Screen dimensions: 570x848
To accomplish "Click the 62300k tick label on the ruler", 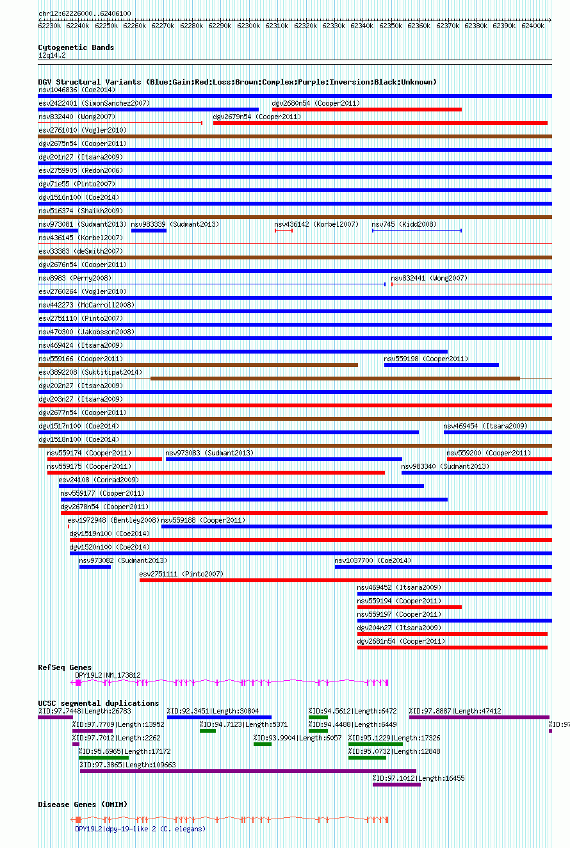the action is pos(248,26).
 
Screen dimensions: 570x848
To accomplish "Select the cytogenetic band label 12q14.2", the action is pos(52,55).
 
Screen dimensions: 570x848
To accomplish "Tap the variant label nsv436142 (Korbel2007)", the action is pos(316,225).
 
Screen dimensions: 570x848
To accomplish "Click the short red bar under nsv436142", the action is pos(284,231).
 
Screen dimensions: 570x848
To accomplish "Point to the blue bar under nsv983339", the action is pos(149,231).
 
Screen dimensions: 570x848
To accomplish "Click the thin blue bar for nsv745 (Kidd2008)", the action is pos(417,231).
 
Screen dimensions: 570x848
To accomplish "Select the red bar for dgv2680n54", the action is pos(367,110).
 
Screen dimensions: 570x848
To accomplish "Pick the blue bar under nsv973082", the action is pos(95,567).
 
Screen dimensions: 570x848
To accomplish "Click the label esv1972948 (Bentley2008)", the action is pos(113,520).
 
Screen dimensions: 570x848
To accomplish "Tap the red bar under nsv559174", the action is pos(104,459).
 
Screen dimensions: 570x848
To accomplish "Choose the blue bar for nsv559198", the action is pos(441,365).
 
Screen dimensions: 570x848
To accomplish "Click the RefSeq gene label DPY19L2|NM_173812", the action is pos(108,675).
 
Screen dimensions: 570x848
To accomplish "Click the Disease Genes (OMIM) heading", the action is pos(83,804).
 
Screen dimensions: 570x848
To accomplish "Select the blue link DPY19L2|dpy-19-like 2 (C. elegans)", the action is pos(140,829).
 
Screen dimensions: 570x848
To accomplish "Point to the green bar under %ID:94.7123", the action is pos(208,731).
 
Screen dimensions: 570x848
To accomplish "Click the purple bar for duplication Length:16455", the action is pos(396,785).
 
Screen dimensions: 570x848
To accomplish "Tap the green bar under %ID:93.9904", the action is pos(263,744).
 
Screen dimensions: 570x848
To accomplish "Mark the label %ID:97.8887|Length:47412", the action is pos(455,711).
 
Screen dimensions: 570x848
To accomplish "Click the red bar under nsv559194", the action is pos(409,607).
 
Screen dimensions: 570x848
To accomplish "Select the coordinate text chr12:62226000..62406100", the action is pos(85,13).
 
